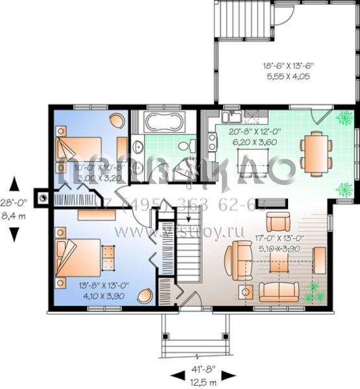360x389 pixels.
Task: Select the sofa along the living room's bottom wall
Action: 279,292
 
